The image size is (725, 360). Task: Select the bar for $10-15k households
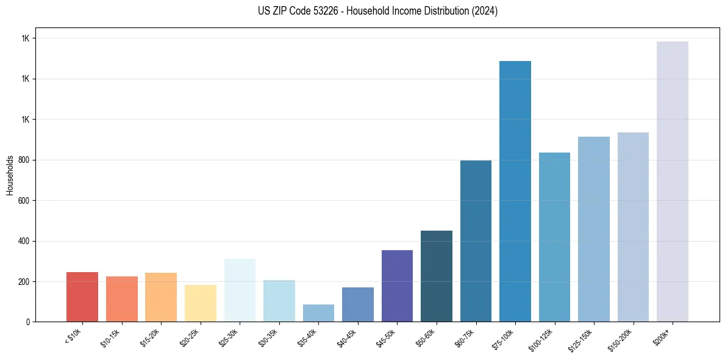pyautogui.click(x=121, y=299)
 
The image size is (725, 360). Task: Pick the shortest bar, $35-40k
pyautogui.click(x=318, y=313)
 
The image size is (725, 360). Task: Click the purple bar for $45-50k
pyautogui.click(x=397, y=286)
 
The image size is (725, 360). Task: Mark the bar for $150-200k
pyautogui.click(x=633, y=227)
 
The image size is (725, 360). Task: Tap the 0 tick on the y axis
pyautogui.click(x=28, y=322)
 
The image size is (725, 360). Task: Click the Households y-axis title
pyautogui.click(x=10, y=175)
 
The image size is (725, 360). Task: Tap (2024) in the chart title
pyautogui.click(x=485, y=11)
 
